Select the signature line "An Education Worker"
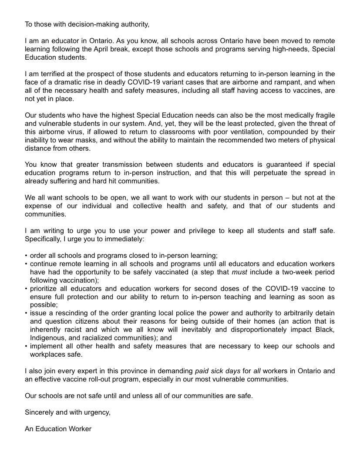pos(58,429)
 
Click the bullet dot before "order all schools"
pos(26,255)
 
